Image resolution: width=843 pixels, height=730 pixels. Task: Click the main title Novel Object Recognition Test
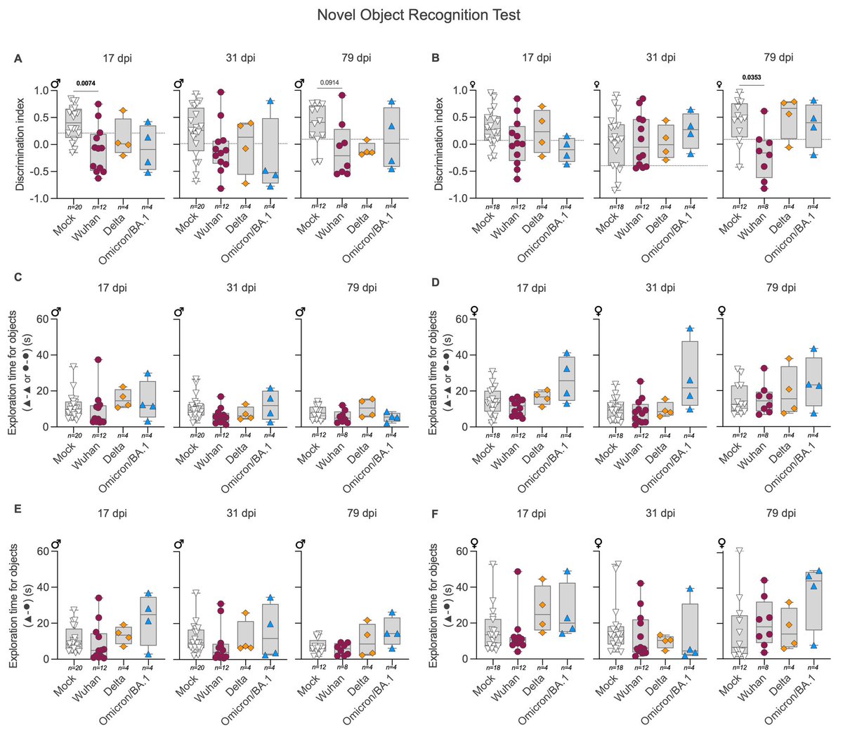pyautogui.click(x=419, y=15)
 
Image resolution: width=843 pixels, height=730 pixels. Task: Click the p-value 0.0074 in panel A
pyautogui.click(x=86, y=84)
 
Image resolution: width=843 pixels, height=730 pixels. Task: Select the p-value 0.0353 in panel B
pyautogui.click(x=751, y=77)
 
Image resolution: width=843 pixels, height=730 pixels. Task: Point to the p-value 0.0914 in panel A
pyautogui.click(x=329, y=83)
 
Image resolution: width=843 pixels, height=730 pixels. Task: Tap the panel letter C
pyautogui.click(x=18, y=276)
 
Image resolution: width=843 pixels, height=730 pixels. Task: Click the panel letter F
pyautogui.click(x=436, y=514)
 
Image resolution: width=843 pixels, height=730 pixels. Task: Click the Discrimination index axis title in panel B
pyautogui.click(x=439, y=144)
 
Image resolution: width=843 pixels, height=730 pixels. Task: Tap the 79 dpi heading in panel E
pyautogui.click(x=362, y=513)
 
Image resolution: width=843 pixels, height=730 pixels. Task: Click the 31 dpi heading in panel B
pyautogui.click(x=660, y=58)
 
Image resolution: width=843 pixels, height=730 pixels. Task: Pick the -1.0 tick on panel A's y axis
pyautogui.click(x=39, y=199)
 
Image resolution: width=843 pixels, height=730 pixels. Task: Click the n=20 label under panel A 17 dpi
pyautogui.click(x=74, y=206)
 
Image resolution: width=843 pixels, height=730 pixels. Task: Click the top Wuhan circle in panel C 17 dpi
pyautogui.click(x=98, y=360)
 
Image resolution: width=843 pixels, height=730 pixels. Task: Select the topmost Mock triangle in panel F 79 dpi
pyautogui.click(x=738, y=551)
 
